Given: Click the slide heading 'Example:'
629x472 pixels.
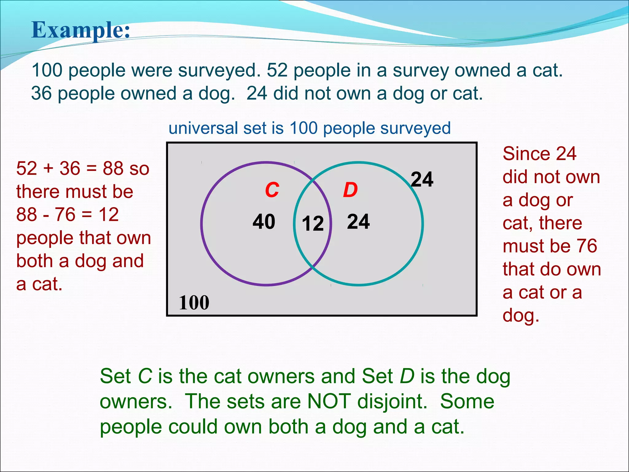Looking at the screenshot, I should tap(81, 30).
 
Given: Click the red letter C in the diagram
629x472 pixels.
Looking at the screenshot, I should tap(272, 190).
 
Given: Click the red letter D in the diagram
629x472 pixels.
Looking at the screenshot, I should tap(350, 190).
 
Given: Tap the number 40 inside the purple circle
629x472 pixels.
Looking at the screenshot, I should tap(264, 222).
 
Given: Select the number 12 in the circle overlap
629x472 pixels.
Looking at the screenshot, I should tap(313, 223).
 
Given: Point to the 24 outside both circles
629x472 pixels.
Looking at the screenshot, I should tap(422, 179).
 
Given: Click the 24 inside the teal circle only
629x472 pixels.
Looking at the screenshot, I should tap(358, 222).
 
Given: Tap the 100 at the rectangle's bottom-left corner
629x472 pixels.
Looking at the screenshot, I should tap(194, 302).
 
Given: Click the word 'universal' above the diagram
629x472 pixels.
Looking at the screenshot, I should tap(203, 128).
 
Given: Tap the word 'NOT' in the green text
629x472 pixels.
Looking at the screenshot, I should tap(329, 401).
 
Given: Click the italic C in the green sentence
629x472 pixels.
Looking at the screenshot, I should tap(145, 376).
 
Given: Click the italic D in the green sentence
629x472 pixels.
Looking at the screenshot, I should tap(407, 376).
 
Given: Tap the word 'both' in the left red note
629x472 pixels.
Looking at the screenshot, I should tap(34, 261).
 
